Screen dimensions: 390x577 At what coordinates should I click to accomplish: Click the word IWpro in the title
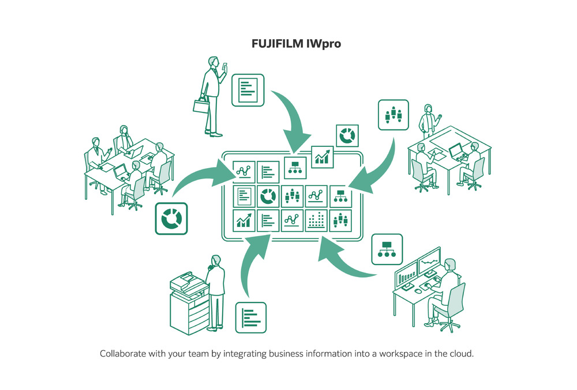pyautogui.click(x=322, y=43)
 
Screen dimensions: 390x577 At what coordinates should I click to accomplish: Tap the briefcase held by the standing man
pyautogui.click(x=201, y=106)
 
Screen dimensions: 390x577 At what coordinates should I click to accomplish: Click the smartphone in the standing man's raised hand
pyautogui.click(x=226, y=66)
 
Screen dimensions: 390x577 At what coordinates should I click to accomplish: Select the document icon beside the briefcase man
pyautogui.click(x=248, y=90)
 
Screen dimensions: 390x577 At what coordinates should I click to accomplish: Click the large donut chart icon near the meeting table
pyautogui.click(x=171, y=219)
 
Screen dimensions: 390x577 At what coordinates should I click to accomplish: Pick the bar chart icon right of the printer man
pyautogui.click(x=250, y=317)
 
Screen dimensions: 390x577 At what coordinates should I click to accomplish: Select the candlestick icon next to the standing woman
pyautogui.click(x=393, y=115)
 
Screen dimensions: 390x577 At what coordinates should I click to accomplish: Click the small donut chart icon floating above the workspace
pyautogui.click(x=347, y=136)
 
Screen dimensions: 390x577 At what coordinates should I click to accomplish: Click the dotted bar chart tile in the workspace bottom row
pyautogui.click(x=316, y=219)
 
